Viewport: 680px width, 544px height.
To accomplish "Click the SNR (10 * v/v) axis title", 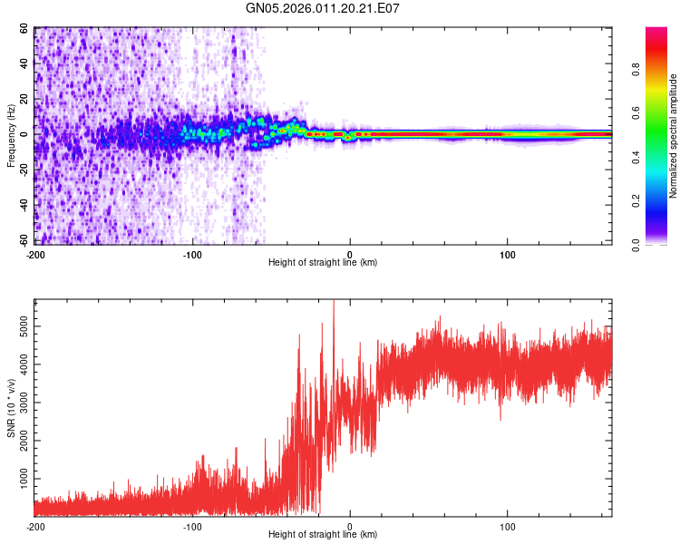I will click(10, 408).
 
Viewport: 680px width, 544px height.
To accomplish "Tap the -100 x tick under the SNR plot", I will click(192, 526).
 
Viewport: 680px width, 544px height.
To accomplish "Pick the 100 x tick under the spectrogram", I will click(508, 254).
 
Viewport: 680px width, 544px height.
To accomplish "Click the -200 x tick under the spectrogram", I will click(36, 254).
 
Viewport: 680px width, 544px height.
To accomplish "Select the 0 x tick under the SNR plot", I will click(350, 526).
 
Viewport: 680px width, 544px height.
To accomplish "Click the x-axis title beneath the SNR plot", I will click(323, 535).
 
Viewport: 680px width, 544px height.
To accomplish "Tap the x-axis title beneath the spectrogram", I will click(323, 263).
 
